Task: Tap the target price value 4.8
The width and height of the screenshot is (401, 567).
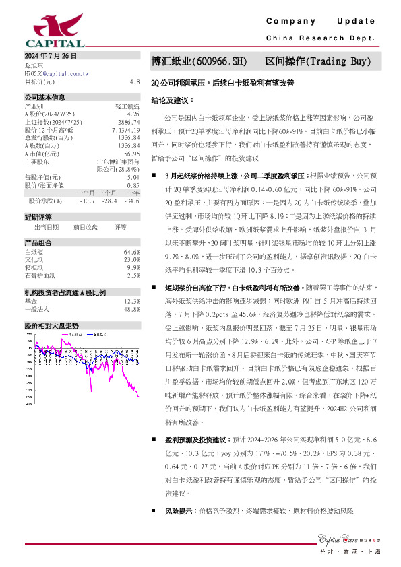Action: click(x=134, y=81)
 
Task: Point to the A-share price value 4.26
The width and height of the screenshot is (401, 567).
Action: click(x=133, y=114)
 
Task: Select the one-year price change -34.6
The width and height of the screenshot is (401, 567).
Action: click(x=132, y=201)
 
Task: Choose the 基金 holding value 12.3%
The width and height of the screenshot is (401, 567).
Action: click(x=132, y=301)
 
